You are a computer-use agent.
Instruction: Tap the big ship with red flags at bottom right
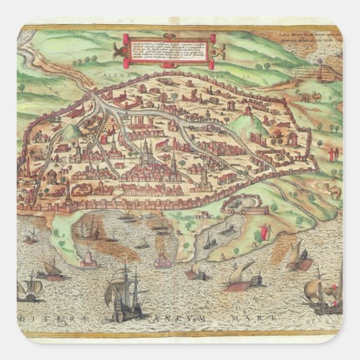(319, 291)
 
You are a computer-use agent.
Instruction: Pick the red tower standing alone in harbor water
(87, 257)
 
